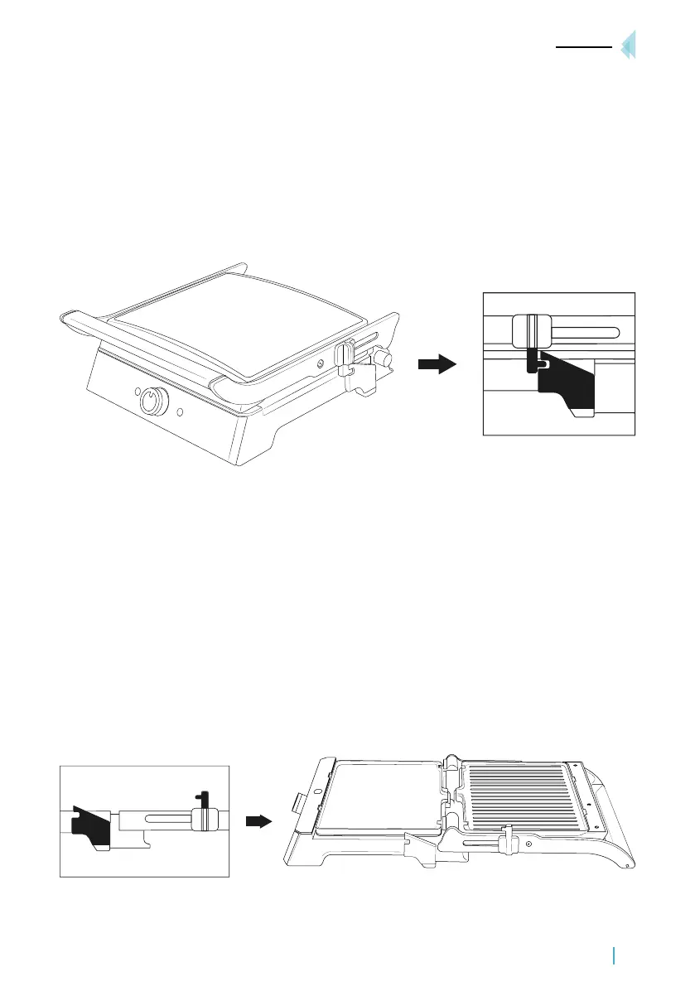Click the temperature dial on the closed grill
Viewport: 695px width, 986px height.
point(152,402)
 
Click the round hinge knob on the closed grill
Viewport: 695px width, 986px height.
point(382,358)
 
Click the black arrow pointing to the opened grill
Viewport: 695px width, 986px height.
point(260,821)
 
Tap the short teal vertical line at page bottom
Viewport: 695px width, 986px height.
point(615,956)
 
